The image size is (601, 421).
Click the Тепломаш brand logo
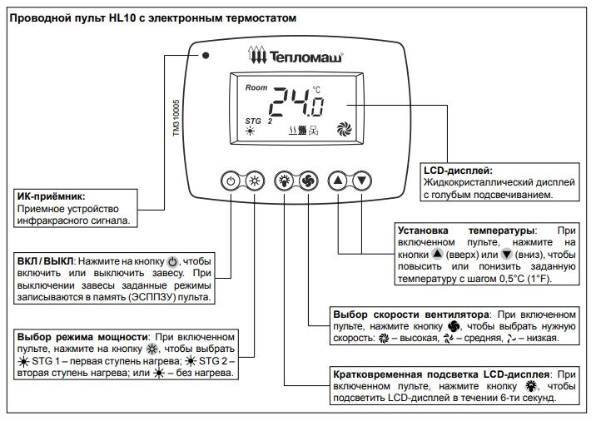[x=296, y=56]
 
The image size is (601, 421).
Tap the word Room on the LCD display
[x=256, y=87]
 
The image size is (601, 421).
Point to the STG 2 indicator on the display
[x=259, y=121]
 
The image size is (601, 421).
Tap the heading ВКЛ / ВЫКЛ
[x=42, y=260]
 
